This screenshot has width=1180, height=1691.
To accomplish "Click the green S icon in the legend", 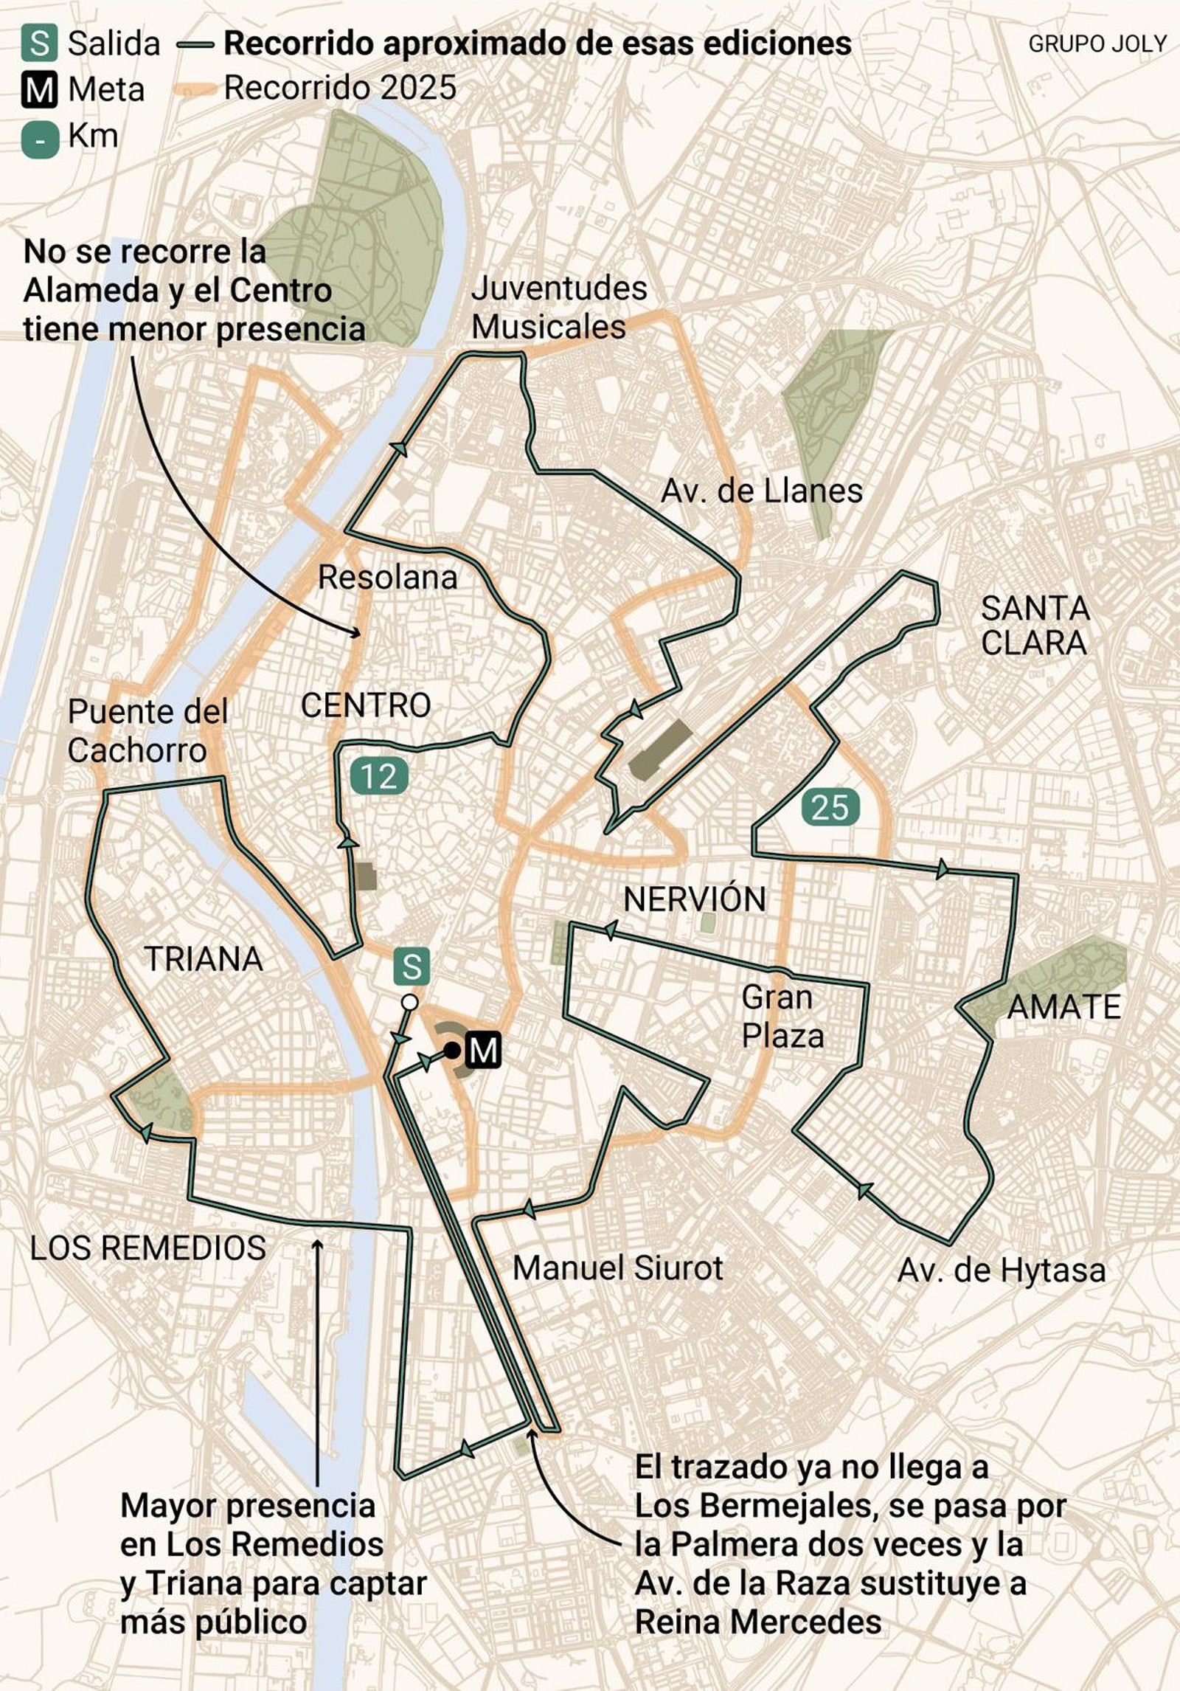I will coord(39,44).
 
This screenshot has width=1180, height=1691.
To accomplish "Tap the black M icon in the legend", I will coord(39,90).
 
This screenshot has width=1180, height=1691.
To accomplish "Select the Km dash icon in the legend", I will coord(40,138).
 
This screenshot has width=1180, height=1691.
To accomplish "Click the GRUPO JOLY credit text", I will coord(1097,44).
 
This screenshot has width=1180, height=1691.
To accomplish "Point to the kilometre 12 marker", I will coord(379,775).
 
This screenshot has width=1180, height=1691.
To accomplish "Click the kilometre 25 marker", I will coord(830,806).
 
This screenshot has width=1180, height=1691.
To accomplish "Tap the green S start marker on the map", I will coord(412,966).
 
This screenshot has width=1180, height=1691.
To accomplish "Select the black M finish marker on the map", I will coord(483,1050).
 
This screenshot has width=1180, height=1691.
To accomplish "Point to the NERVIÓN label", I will coord(694,899).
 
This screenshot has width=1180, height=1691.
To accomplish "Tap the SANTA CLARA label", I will coord(1035,626).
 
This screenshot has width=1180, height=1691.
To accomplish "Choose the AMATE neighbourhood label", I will coord(1063,1007).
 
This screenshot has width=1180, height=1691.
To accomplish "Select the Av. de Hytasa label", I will coord(1002,1270).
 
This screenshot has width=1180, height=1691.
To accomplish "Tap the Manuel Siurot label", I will coord(617,1268).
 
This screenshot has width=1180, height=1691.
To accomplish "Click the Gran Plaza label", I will coord(782,1017).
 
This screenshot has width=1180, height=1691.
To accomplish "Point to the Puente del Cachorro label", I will coord(147,731).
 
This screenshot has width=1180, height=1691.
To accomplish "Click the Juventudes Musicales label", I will coord(558,308).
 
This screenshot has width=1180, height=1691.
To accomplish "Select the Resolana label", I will coord(387,577).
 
